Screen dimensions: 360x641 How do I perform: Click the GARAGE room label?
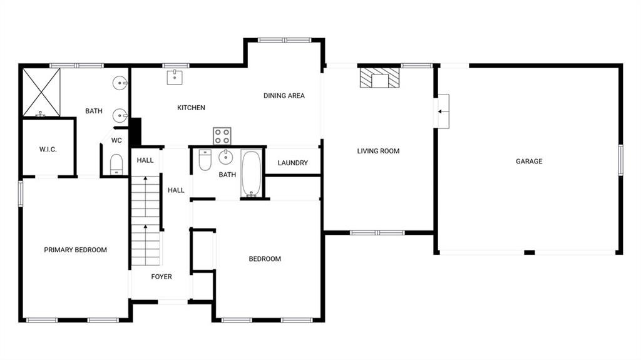coord(529,162)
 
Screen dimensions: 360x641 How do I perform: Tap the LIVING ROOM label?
coord(378,151)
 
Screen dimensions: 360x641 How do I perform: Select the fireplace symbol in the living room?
coord(379,78)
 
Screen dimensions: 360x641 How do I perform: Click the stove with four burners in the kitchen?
coord(222,136)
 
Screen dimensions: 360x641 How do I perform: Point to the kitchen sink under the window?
coord(174,77)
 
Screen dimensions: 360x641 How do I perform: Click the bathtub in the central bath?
coord(252,174)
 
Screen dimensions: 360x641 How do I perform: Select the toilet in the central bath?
coord(205,160)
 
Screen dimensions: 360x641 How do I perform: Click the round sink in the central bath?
coord(225,157)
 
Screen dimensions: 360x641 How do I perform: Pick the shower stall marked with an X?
coord(41,93)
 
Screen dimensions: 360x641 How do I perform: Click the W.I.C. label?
coord(48,149)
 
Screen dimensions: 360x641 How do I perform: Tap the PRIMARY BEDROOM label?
coord(75,250)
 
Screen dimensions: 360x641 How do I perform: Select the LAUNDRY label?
coord(292,163)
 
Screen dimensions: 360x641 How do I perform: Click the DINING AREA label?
coord(284,96)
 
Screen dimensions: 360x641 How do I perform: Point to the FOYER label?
coord(161,277)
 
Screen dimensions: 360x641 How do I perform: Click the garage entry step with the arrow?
coord(443,111)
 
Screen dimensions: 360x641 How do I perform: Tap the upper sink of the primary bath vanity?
coord(120,82)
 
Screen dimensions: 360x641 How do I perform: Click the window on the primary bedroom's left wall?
coord(20,193)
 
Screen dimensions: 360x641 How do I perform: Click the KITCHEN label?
coord(191,108)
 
